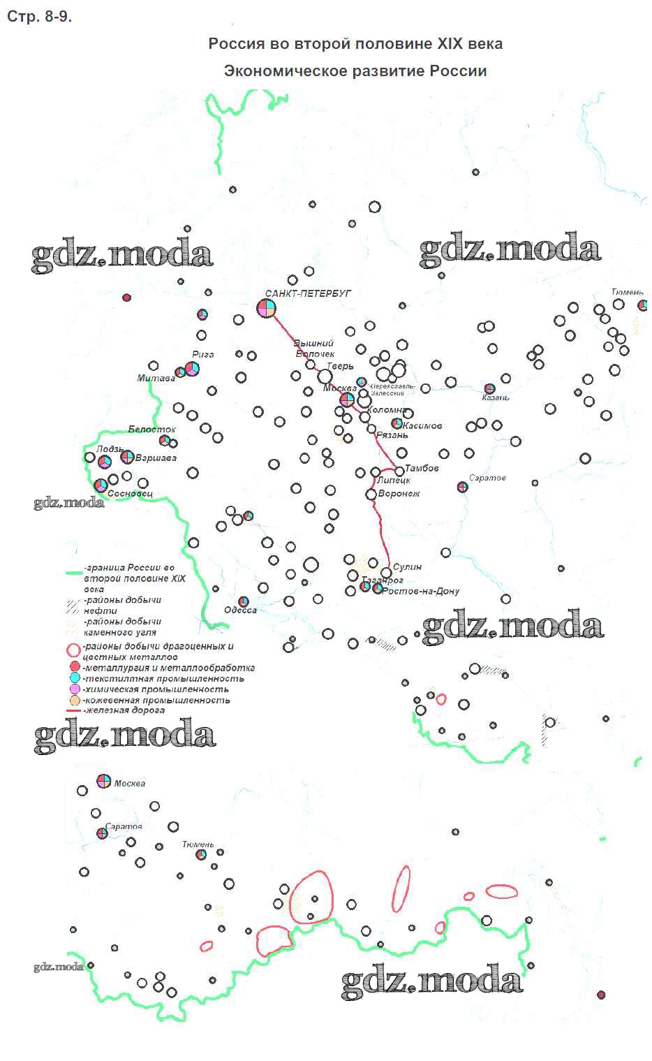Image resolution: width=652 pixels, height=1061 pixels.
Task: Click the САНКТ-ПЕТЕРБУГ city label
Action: pyautogui.click(x=308, y=294)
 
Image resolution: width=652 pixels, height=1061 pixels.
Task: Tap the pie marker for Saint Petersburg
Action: pyautogui.click(x=267, y=308)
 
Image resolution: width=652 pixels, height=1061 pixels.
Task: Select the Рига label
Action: pyautogui.click(x=202, y=354)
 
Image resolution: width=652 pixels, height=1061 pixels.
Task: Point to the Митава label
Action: pyautogui.click(x=156, y=379)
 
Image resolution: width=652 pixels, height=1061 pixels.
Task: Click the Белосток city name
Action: pyautogui.click(x=151, y=429)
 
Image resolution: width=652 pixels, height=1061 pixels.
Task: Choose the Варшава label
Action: pyautogui.click(x=156, y=458)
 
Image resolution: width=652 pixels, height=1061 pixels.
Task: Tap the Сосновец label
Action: pyautogui.click(x=130, y=494)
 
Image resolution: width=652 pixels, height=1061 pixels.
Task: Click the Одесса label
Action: pyautogui.click(x=240, y=610)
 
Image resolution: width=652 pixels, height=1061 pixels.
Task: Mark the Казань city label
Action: pyautogui.click(x=496, y=397)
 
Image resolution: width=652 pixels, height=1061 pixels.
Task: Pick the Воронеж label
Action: pyautogui.click(x=399, y=494)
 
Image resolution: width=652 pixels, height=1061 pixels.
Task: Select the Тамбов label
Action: pyautogui.click(x=422, y=468)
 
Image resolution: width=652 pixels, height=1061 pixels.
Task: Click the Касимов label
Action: pyautogui.click(x=422, y=425)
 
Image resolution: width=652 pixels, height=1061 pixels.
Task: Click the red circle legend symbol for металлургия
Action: pyautogui.click(x=75, y=668)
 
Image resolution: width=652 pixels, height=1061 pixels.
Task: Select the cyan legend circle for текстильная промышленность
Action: pyautogui.click(x=75, y=678)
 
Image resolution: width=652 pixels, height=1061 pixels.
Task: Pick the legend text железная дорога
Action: pyautogui.click(x=124, y=710)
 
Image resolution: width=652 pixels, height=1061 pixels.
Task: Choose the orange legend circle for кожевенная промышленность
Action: pyautogui.click(x=75, y=700)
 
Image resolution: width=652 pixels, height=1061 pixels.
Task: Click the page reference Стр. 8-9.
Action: pyautogui.click(x=39, y=17)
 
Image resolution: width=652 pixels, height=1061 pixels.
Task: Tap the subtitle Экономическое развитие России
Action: pyautogui.click(x=355, y=71)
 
